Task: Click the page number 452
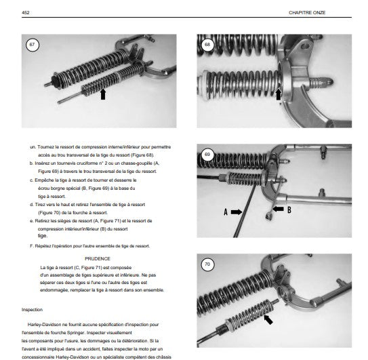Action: pos(25,12)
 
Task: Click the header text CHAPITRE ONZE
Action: pos(307,13)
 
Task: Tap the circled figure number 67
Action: pos(32,45)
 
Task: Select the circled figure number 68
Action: pos(207,45)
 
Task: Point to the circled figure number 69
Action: pos(207,155)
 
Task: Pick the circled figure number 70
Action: pos(207,264)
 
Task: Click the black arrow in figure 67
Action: pos(103,94)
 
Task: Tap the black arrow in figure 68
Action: pos(278,94)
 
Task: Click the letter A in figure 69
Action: pos(226,212)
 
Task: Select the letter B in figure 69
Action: pos(289,209)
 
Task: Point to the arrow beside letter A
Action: pos(237,212)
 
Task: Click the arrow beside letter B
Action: pos(279,209)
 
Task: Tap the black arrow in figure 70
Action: pos(268,319)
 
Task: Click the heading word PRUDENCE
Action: pos(98,259)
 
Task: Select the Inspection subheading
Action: pos(32,310)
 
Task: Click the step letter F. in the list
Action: pos(32,246)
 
